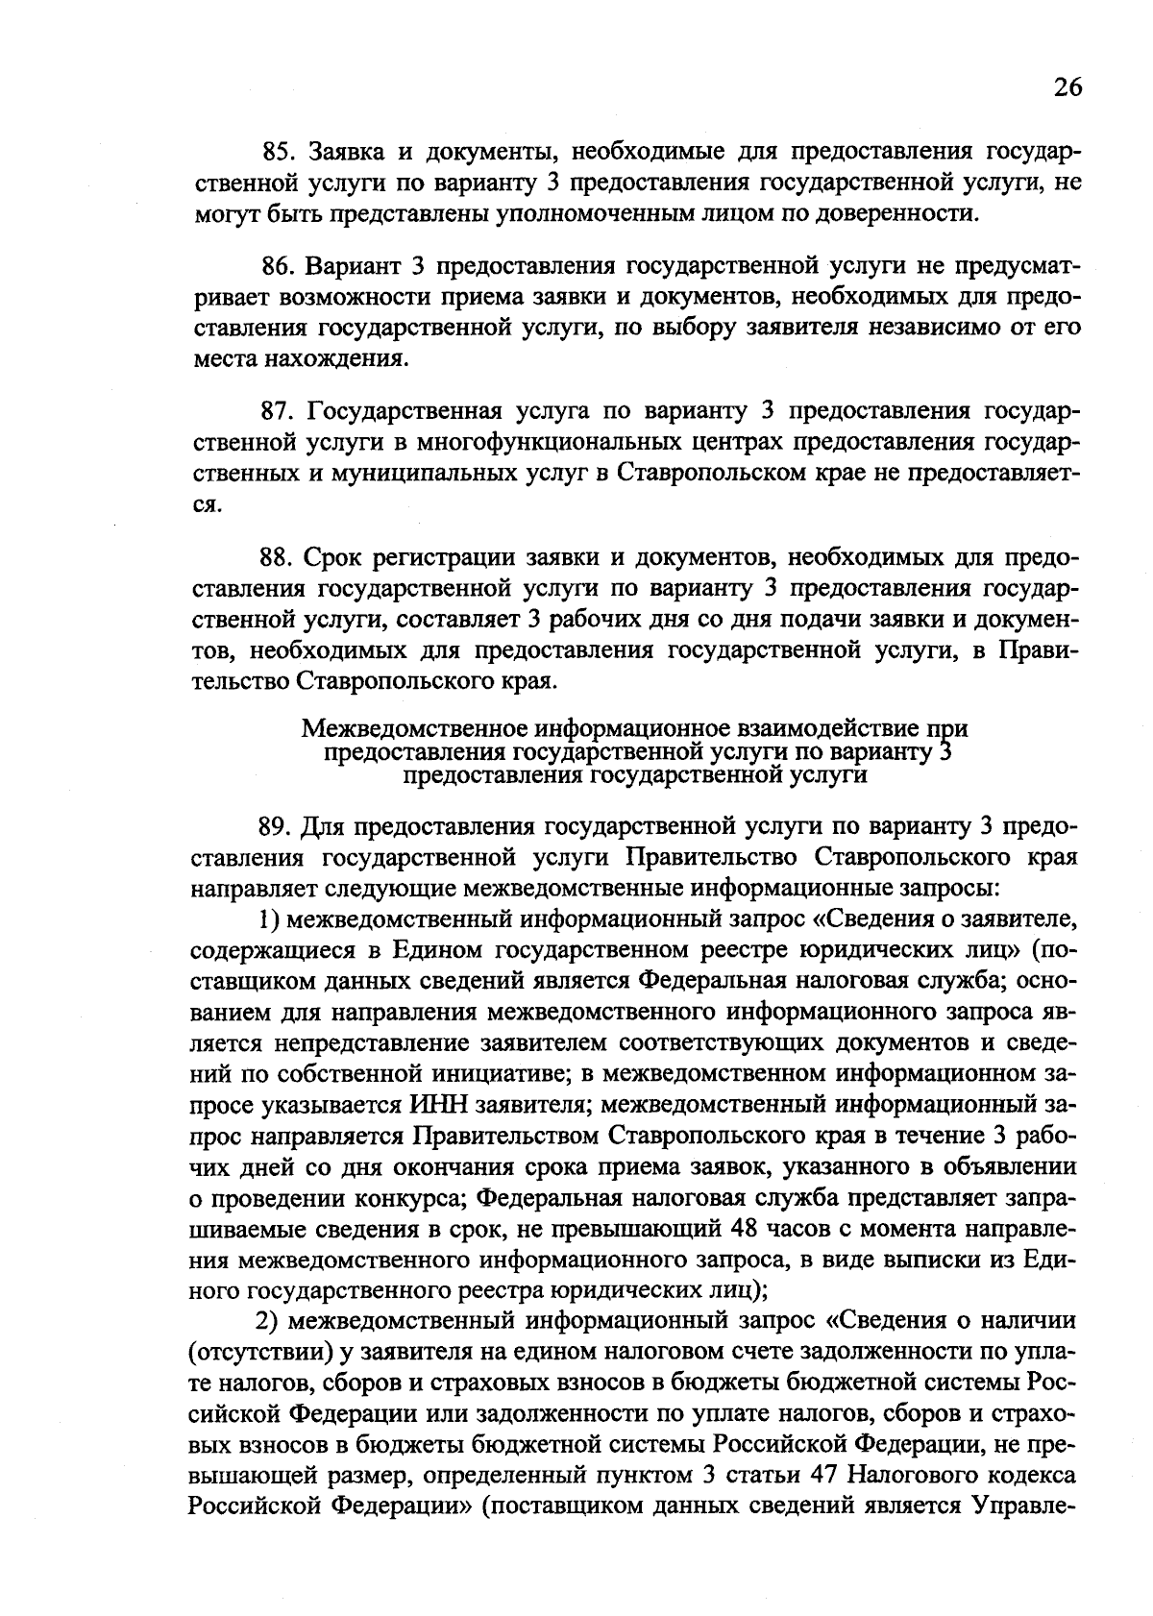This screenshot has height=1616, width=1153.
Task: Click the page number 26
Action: click(x=1067, y=87)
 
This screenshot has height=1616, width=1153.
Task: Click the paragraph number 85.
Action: click(x=282, y=152)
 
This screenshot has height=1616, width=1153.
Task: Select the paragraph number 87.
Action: click(x=282, y=412)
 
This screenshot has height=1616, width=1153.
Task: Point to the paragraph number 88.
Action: click(x=282, y=558)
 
